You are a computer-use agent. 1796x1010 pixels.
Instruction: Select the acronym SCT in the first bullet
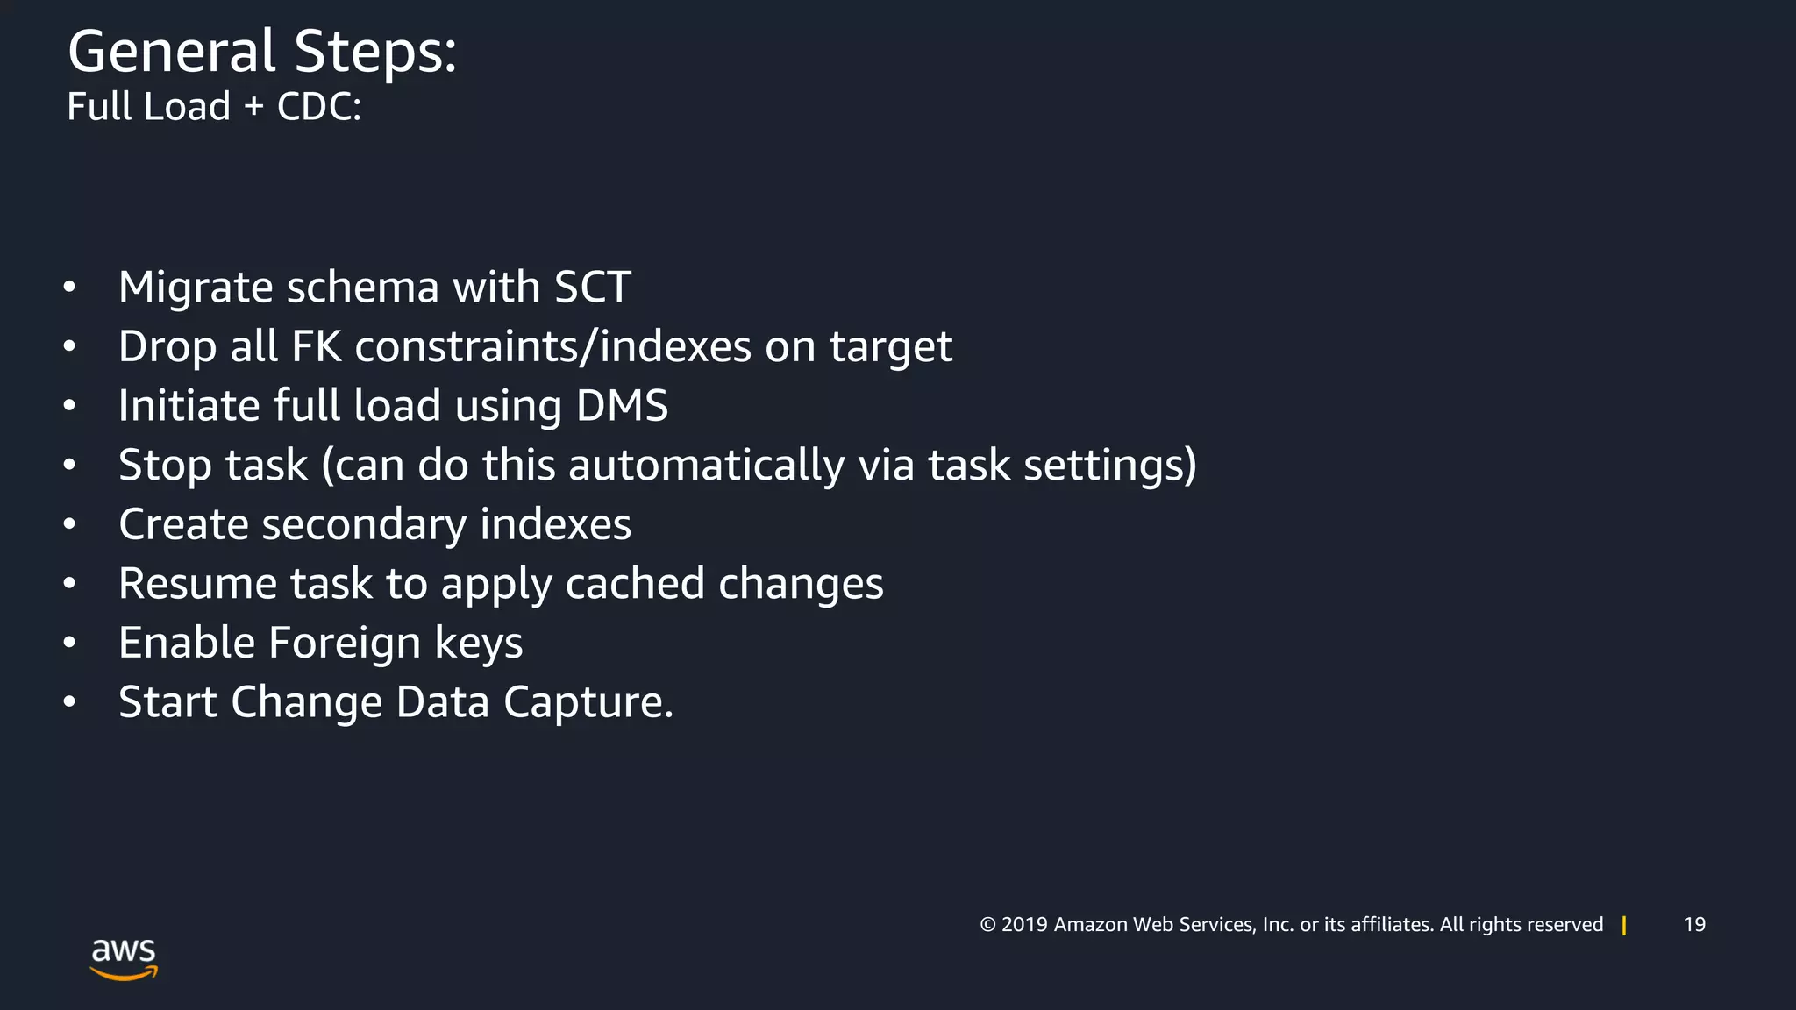592,288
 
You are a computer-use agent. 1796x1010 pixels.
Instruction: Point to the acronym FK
316,346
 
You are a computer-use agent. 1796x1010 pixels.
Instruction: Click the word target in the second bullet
890,347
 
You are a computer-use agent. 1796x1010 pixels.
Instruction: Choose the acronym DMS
622,406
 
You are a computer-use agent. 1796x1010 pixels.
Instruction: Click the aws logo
124,957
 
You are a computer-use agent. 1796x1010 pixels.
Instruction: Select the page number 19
1694,925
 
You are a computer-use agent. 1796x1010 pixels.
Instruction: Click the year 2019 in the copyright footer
1024,925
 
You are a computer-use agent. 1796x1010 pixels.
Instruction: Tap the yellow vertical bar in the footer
1624,925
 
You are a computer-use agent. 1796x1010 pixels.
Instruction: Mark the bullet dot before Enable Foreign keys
69,643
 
